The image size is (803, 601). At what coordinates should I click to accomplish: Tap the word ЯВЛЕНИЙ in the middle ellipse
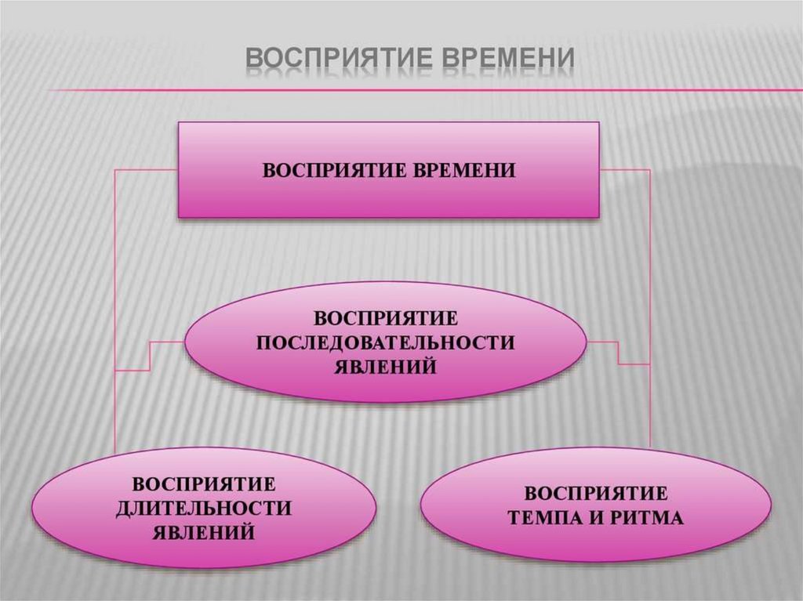[386, 367]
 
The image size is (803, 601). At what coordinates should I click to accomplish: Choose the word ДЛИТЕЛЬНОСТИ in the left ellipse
[203, 508]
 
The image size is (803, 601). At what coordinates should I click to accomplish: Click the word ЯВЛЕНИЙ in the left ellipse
[203, 532]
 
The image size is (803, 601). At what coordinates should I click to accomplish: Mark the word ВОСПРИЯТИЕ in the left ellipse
[203, 483]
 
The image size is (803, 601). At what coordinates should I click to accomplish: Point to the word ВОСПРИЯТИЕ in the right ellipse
[596, 494]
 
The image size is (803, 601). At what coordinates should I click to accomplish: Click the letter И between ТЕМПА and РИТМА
[601, 518]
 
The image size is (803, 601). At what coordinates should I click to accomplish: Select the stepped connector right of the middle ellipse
[620, 353]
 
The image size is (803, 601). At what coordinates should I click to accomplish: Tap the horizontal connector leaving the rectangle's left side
[146, 170]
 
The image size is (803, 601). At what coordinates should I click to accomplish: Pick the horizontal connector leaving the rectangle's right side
[626, 169]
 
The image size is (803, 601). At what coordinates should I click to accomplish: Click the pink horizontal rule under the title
[423, 90]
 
